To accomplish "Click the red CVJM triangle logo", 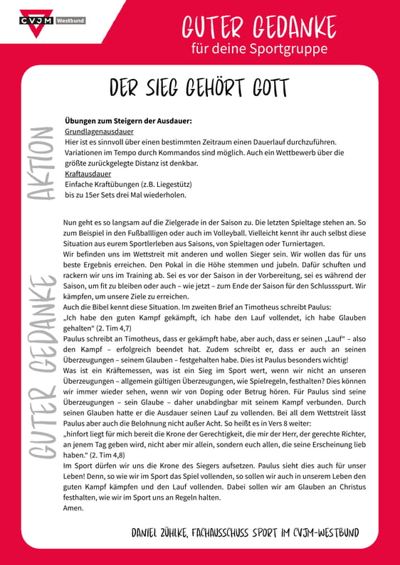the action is point(33,20).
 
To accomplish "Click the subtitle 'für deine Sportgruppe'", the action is point(260,49).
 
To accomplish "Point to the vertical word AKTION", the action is point(41,163).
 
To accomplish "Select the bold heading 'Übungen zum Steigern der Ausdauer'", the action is point(128,122).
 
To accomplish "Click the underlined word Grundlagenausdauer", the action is point(99,131).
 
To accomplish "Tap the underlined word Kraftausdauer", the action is point(88,173).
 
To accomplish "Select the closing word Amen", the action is point(74,508).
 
